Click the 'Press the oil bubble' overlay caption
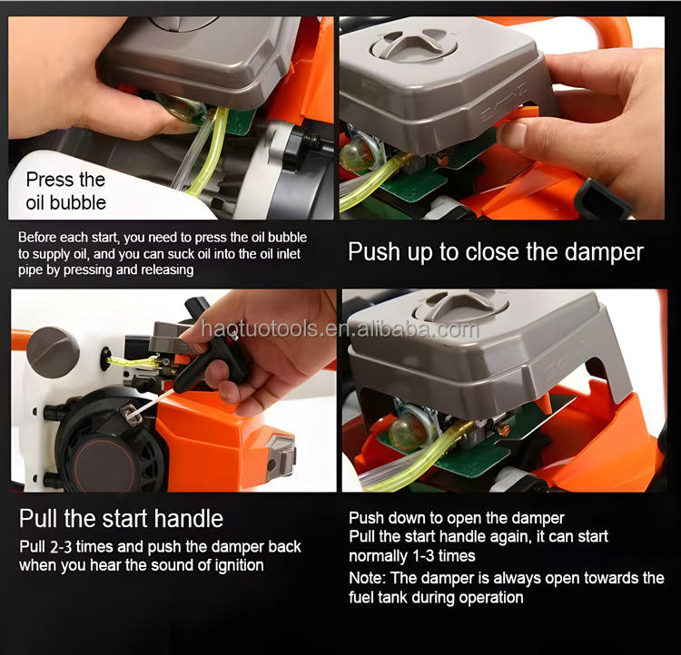65,191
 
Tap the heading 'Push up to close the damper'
496,252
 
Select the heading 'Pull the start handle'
121,518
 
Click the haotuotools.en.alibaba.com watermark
340,329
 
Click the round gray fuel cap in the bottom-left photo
53,353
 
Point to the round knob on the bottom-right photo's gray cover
461,306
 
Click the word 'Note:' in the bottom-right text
367,578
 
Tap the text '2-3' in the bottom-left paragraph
61,547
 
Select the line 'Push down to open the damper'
457,518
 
